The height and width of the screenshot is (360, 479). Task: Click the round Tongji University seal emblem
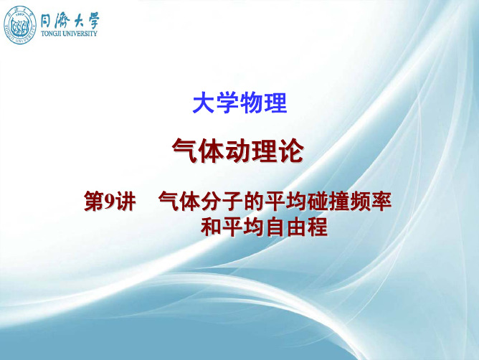click(20, 25)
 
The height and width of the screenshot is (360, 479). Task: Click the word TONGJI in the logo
click(52, 34)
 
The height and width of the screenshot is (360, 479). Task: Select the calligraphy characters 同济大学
click(70, 21)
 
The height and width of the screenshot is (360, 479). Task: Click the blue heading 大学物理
click(239, 103)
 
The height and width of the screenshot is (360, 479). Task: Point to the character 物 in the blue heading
click(252, 103)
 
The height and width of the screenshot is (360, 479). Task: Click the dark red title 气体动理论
click(238, 151)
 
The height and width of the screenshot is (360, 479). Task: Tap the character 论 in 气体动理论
click(291, 151)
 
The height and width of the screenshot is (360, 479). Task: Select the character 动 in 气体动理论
click(238, 151)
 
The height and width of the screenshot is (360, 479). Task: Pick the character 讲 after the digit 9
click(125, 202)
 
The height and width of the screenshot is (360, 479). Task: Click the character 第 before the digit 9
click(94, 202)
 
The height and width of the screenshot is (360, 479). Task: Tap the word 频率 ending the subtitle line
click(371, 202)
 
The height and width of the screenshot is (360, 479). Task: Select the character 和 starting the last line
click(211, 227)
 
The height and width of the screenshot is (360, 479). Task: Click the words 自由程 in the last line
click(296, 227)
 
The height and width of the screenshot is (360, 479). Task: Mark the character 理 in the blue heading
click(275, 103)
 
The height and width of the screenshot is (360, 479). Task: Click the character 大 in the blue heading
click(204, 103)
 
